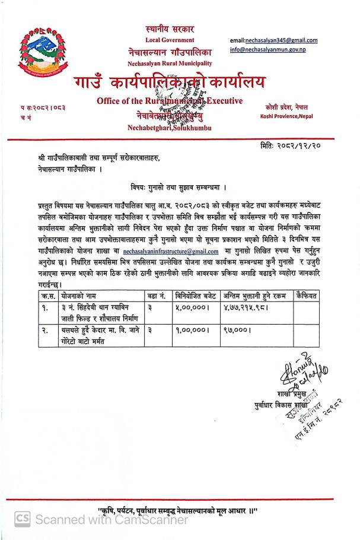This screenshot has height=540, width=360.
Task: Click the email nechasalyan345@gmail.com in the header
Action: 273,40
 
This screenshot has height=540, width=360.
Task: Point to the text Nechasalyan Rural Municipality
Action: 169,63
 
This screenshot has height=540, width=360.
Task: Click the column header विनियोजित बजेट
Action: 196,296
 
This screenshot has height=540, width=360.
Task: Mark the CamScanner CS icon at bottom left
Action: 21,519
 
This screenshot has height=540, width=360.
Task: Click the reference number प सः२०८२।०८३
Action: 43,107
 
